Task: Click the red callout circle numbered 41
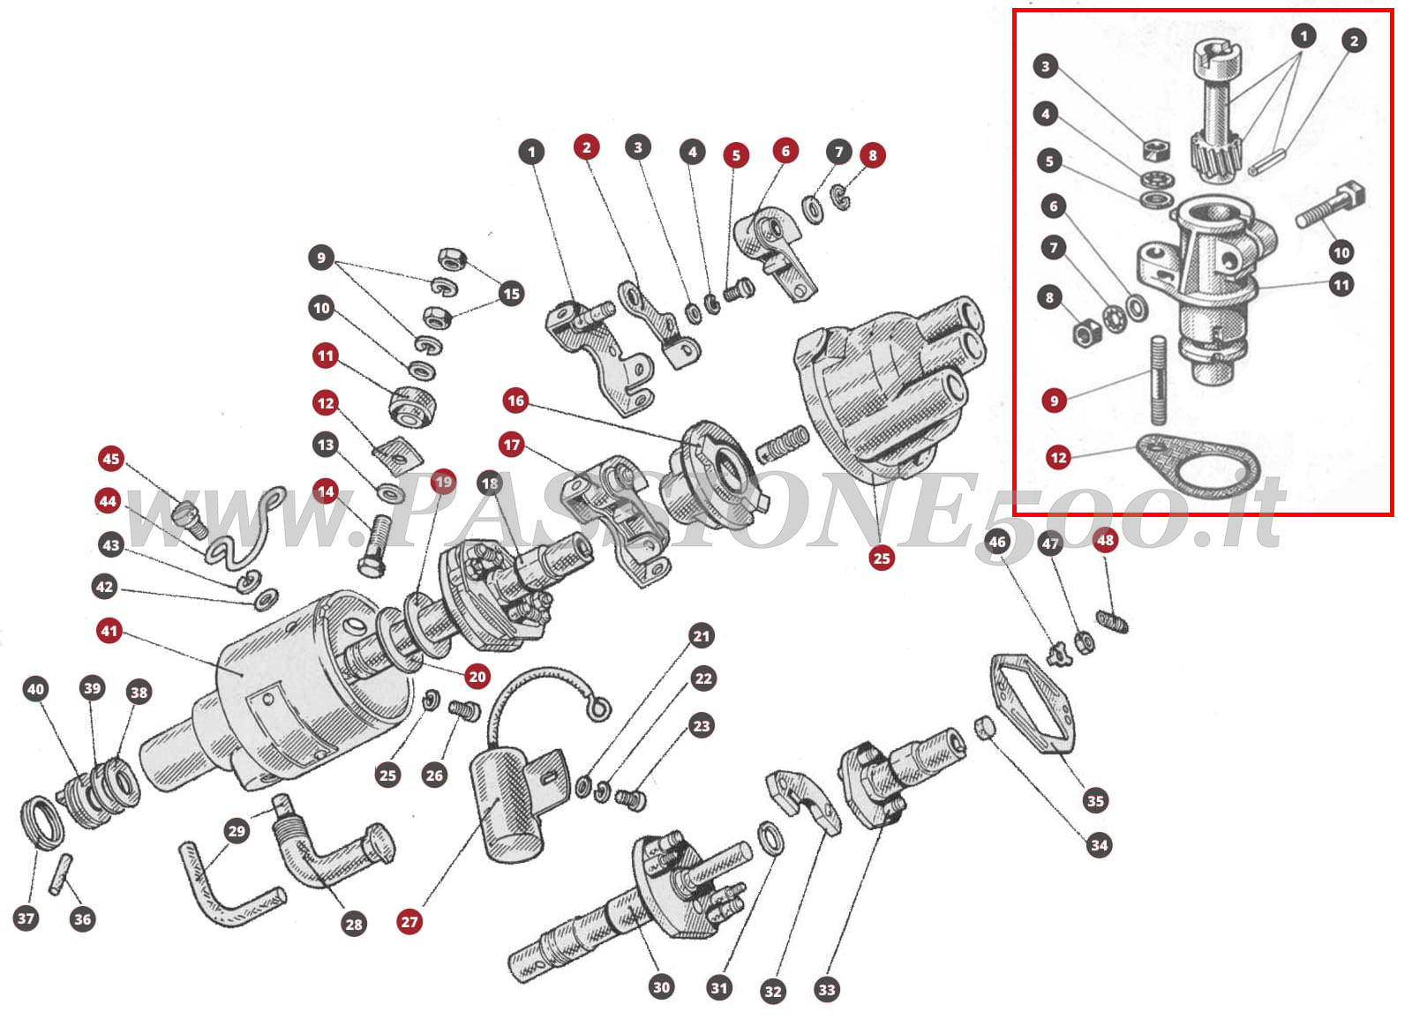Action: [x=109, y=631]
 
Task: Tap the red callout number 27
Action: [x=409, y=922]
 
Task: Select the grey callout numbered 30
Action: [x=661, y=986]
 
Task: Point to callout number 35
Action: [x=1095, y=800]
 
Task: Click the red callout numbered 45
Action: [x=110, y=459]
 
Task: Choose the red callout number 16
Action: [x=515, y=401]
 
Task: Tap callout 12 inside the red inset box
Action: [x=1058, y=457]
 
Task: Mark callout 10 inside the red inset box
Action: [x=1341, y=252]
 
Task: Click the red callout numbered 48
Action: [x=1105, y=540]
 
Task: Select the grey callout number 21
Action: [x=701, y=636]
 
